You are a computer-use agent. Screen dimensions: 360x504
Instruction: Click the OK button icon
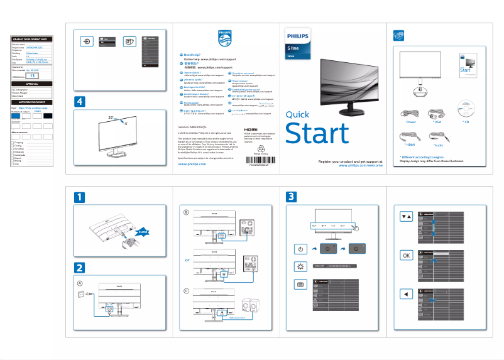(x=407, y=256)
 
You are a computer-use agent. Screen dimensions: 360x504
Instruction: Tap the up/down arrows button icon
(x=407, y=215)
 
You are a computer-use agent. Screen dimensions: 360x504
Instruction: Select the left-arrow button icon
(x=407, y=293)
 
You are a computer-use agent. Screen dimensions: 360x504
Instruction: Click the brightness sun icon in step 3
(x=301, y=266)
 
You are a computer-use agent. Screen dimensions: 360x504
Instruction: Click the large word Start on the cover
(x=317, y=134)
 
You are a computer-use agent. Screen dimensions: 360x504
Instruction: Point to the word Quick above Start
(x=297, y=114)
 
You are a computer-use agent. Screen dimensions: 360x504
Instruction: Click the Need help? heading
(x=192, y=55)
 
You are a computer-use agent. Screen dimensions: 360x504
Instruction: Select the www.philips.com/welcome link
(x=361, y=166)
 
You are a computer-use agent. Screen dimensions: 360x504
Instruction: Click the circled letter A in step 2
(x=80, y=283)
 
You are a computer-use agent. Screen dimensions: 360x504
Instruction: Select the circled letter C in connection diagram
(x=186, y=290)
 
